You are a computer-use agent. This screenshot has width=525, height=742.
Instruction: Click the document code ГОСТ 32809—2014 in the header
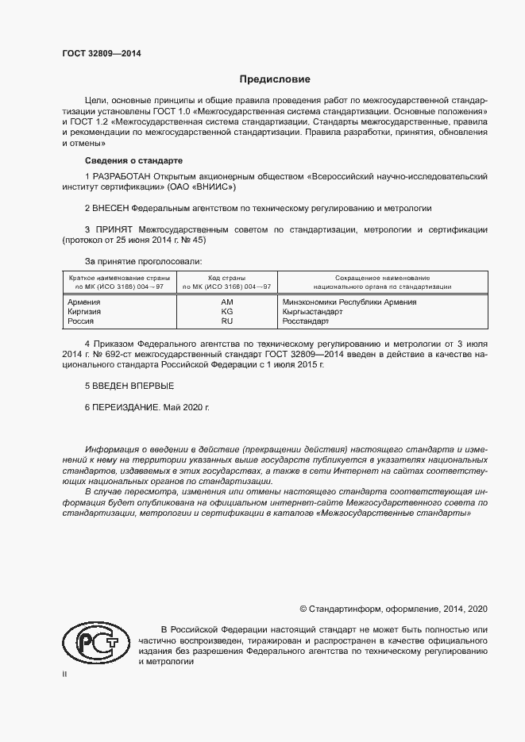102,54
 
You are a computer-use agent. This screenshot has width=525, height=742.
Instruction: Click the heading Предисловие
276,79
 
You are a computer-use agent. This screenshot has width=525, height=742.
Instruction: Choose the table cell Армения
84,302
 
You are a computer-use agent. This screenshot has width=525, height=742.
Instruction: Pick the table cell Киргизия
86,312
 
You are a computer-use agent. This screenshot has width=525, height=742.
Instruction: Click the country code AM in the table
227,302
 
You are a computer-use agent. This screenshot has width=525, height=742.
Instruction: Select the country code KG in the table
227,312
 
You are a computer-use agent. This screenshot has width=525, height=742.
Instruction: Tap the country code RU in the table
227,321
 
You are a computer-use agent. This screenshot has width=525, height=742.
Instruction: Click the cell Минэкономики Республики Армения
350,302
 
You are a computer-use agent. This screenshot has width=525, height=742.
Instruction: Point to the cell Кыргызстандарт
313,312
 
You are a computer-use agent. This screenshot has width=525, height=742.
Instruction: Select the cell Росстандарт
307,321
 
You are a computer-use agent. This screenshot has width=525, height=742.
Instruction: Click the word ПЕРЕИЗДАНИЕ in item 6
126,406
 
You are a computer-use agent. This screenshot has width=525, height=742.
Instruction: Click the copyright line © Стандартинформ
393,609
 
